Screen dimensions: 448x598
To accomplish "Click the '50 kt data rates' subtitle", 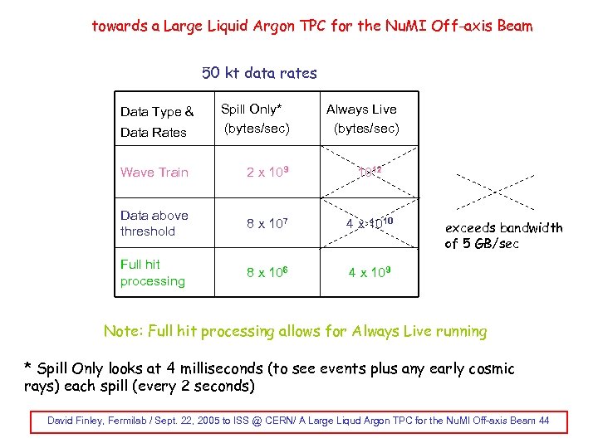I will (260, 73).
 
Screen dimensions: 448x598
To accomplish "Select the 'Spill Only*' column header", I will (251, 109).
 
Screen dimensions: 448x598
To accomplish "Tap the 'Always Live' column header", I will (361, 109).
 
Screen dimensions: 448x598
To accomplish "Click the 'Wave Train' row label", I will (154, 173).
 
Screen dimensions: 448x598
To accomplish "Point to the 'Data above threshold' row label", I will (154, 223).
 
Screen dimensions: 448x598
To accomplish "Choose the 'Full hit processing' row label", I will (153, 272).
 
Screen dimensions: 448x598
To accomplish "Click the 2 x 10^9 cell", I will (267, 173).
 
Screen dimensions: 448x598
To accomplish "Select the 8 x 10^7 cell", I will (267, 223).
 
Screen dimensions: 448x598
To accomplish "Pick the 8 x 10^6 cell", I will (267, 272).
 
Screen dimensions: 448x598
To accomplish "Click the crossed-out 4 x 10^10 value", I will (370, 223).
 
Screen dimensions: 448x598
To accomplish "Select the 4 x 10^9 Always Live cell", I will (370, 272).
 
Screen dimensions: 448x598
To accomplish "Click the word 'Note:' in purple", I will (122, 332).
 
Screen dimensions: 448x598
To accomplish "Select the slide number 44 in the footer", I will (543, 421).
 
